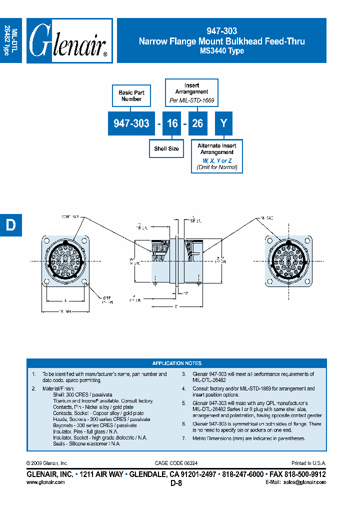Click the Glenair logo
(x=69, y=41)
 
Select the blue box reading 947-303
(x=131, y=123)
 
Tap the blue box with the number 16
(x=172, y=123)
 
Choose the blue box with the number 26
(x=197, y=123)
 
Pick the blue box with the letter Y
(x=223, y=123)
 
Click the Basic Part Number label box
(x=131, y=96)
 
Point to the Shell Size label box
(x=166, y=148)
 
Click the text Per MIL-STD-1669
(x=191, y=100)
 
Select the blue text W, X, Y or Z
(x=217, y=160)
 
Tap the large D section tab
(x=10, y=225)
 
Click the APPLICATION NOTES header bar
(x=176, y=363)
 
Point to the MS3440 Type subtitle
(x=221, y=51)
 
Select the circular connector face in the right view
(x=287, y=260)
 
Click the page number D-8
(x=176, y=483)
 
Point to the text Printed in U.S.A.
(x=308, y=463)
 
